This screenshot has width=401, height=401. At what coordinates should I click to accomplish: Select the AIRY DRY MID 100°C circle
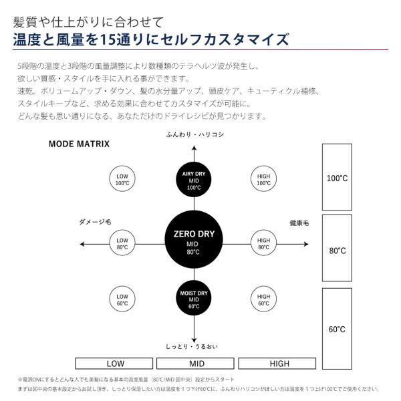(194, 180)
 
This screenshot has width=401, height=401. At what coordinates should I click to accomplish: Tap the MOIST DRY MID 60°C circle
(194, 298)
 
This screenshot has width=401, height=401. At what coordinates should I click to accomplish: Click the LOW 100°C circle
(122, 179)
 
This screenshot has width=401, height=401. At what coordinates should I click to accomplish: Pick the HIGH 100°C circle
(263, 179)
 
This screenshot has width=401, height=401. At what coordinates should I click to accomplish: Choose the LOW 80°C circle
(122, 243)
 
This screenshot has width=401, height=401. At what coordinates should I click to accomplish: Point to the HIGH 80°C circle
(263, 243)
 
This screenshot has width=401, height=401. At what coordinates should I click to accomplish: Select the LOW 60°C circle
(122, 299)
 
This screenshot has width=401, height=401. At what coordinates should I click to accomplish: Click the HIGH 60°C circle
(263, 299)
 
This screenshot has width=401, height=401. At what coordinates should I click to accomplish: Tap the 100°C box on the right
(338, 178)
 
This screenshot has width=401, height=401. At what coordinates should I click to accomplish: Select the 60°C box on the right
(338, 329)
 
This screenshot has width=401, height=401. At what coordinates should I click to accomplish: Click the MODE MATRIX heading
(79, 144)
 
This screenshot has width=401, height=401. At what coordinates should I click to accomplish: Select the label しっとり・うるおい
(194, 346)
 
